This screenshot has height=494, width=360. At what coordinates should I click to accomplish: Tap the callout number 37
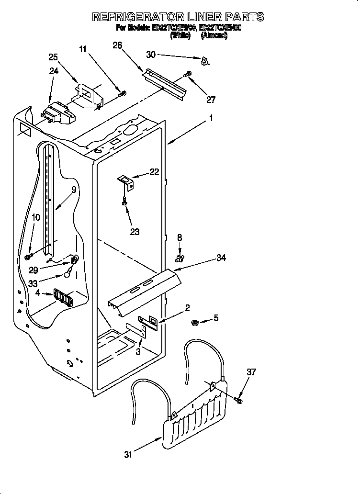[x=251, y=372]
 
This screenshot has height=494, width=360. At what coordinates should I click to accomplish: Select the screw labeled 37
[x=239, y=399]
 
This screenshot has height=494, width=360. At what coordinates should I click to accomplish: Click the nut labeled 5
[x=196, y=321]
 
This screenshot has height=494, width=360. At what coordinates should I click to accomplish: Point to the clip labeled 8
[x=180, y=259]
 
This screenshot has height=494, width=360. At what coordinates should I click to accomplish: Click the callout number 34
[x=221, y=258]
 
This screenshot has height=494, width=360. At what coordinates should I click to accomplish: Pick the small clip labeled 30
[x=205, y=61]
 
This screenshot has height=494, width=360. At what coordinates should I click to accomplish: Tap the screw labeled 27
[x=188, y=74]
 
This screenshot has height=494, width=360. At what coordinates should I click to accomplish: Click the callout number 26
[x=117, y=45]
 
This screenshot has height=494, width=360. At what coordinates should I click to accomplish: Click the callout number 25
[x=53, y=57]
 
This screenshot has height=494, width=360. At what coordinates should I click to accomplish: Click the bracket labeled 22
[x=126, y=180]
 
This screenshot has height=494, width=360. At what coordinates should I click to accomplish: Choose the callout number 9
[x=74, y=190]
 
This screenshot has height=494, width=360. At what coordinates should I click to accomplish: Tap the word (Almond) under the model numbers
[x=214, y=35]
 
